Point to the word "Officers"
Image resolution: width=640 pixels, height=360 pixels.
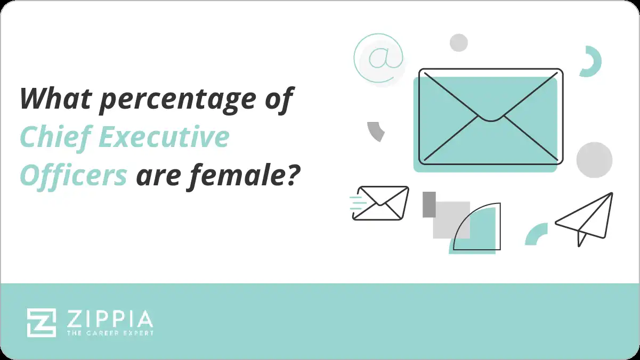coord(74,175)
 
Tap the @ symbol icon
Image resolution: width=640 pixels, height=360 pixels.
coord(378,58)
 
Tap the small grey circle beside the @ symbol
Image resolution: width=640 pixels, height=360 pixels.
coord(458,43)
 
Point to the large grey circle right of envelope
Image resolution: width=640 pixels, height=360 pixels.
coord(594,160)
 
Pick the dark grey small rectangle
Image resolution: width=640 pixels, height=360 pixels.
coord(429,204)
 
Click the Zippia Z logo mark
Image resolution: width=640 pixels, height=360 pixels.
coord(42,323)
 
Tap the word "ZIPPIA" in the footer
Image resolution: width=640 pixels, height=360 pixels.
coord(110,319)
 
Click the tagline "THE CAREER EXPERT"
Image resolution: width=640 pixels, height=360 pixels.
coord(110,333)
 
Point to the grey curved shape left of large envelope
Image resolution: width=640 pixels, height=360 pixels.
coord(376,130)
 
